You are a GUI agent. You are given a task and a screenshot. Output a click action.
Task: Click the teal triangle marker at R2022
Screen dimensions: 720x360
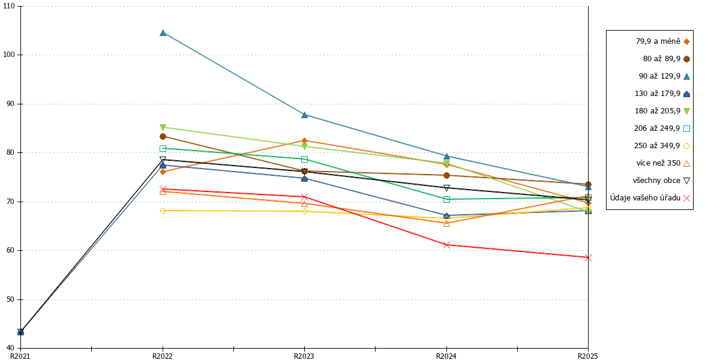click(163, 33)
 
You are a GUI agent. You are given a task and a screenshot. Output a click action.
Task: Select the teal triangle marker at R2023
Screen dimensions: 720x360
click(304, 115)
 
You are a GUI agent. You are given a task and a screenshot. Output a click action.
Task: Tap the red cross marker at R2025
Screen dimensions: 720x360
click(588, 257)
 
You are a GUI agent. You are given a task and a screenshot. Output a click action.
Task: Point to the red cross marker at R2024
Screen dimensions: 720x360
click(446, 245)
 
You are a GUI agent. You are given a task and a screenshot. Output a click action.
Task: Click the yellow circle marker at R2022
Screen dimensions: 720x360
click(163, 211)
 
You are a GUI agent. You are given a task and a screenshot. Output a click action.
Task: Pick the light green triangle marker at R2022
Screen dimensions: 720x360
click(163, 128)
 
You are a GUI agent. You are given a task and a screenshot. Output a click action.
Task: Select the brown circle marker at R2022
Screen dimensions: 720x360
click(163, 137)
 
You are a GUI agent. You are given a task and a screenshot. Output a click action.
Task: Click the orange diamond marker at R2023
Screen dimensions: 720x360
click(304, 140)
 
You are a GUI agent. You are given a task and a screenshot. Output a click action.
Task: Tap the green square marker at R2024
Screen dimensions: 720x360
click(446, 200)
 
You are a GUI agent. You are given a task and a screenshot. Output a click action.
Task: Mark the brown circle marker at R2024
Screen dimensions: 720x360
click(446, 175)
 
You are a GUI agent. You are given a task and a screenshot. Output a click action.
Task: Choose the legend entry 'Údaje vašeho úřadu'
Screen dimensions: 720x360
click(650, 197)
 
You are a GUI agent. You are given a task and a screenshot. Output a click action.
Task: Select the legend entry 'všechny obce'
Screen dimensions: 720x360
click(661, 181)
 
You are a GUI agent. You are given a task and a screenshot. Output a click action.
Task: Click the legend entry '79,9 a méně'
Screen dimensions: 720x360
click(663, 41)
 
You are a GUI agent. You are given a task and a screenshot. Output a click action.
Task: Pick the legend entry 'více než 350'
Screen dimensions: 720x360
click(663, 163)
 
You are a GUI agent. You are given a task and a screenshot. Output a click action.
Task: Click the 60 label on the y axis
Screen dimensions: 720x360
click(11, 250)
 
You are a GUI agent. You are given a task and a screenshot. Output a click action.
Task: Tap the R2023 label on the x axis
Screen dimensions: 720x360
click(304, 356)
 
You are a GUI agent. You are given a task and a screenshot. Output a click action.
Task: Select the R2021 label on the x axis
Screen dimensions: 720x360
click(20, 356)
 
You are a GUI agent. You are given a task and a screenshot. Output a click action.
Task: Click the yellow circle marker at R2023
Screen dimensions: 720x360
click(304, 211)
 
